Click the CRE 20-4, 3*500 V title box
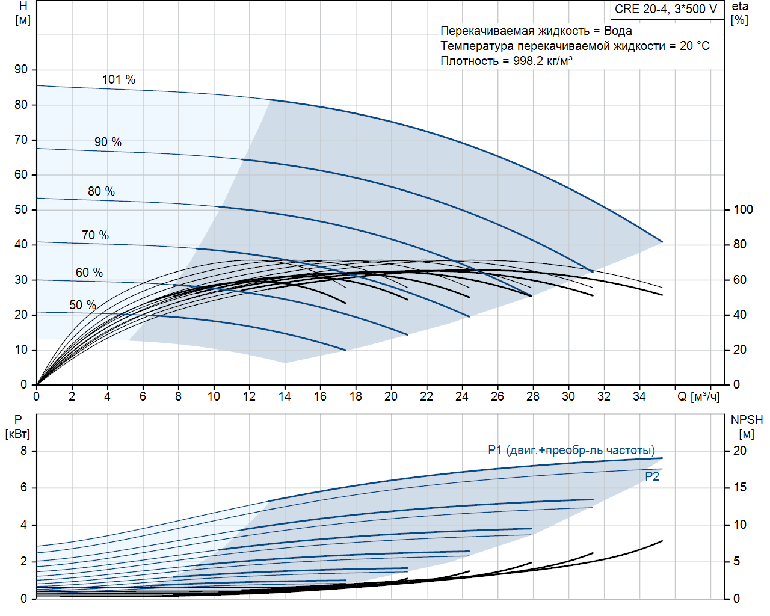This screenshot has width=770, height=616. [666, 9]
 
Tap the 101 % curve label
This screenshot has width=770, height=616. [119, 79]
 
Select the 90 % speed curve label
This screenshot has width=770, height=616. [108, 142]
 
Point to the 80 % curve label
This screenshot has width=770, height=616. [101, 191]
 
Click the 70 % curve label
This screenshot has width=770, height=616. [95, 235]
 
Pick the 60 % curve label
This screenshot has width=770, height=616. [89, 273]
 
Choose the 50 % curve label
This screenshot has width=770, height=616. [82, 305]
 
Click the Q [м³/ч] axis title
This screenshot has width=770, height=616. [698, 396]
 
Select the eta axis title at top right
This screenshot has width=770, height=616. [740, 7]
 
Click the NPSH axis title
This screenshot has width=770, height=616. [747, 420]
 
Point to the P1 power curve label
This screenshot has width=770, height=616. [571, 450]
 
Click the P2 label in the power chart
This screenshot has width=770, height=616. [652, 476]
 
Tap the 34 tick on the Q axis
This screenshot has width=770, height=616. [639, 396]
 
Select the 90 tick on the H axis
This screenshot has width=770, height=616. [22, 69]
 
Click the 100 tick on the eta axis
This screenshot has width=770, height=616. [743, 209]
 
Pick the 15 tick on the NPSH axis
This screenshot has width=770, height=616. [739, 487]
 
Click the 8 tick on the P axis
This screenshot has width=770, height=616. [24, 451]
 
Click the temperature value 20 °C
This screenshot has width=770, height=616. [695, 46]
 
